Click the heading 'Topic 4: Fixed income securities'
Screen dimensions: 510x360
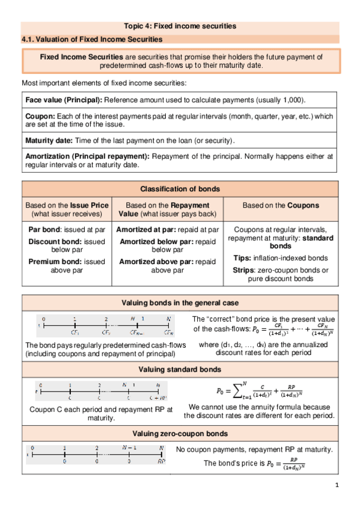tap(180, 26)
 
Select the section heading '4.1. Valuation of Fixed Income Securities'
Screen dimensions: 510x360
tap(92, 39)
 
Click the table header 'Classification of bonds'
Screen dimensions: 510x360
tap(180, 189)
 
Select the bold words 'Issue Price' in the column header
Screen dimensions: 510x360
tap(88, 205)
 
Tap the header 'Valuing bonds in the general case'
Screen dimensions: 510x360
tap(180, 303)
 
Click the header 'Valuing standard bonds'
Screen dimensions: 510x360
tap(180, 369)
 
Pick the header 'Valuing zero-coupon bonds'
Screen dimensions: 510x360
tap(180, 434)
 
